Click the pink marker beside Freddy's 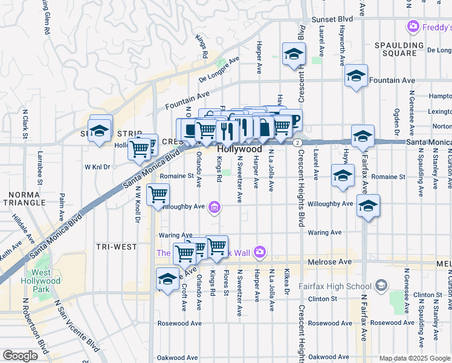414,26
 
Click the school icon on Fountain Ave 357,76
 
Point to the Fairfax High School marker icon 380,285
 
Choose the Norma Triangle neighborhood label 22,201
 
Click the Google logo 20,356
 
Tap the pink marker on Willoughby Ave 213,208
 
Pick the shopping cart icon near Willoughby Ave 158,195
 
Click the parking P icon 294,120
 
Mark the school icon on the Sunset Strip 100,129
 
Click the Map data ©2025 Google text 415,358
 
